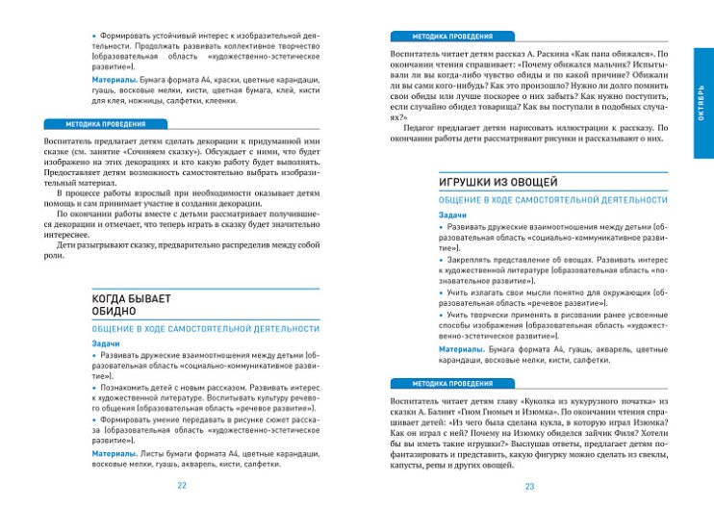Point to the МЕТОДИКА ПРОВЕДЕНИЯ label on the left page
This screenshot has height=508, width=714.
[105, 124]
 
